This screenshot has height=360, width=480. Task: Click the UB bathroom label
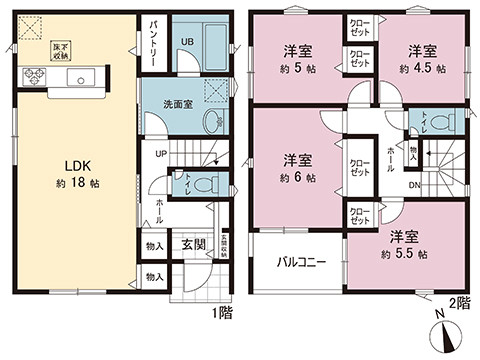click(x=187, y=41)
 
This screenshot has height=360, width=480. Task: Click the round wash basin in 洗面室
click(x=211, y=122)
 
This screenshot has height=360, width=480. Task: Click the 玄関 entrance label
click(x=194, y=243)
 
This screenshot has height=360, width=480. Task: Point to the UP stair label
click(x=160, y=153)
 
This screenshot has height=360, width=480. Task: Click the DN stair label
click(x=412, y=186)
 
